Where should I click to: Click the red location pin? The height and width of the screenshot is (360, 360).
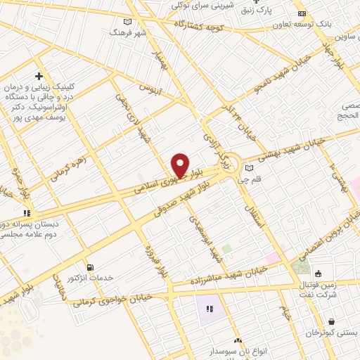tap(181, 165)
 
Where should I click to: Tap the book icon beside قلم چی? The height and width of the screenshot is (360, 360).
tap(249, 167)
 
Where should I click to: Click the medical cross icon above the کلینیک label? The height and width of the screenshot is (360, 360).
tap(39, 76)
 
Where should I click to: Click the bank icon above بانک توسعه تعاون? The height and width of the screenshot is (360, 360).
tap(302, 13)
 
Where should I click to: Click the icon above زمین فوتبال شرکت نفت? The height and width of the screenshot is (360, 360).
tap(319, 274)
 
